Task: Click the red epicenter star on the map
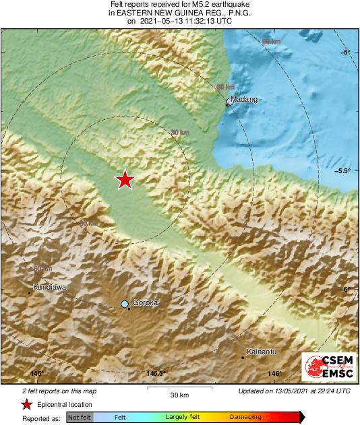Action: (x=125, y=180)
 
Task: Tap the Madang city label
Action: (x=243, y=100)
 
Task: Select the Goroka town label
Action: (x=145, y=303)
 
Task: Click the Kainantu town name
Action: (x=260, y=352)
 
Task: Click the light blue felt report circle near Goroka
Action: (x=125, y=304)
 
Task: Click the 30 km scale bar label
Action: (x=179, y=394)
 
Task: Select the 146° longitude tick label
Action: (x=274, y=374)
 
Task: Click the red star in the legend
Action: (x=26, y=404)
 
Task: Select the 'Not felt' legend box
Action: (x=80, y=418)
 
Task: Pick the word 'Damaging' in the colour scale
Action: (x=245, y=418)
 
